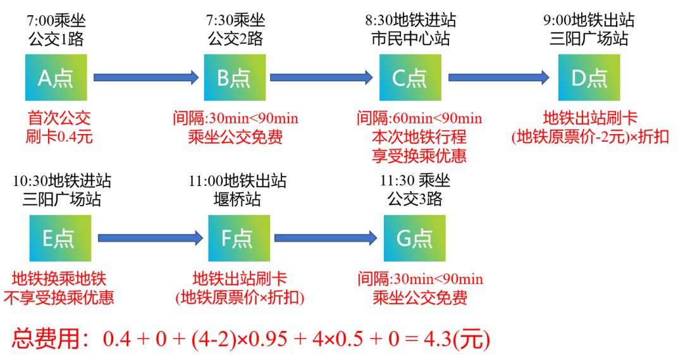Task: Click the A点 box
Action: click(x=56, y=77)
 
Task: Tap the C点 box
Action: click(x=410, y=77)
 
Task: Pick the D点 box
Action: click(x=589, y=77)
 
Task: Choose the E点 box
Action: click(x=60, y=238)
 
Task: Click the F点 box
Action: click(x=239, y=238)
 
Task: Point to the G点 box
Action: click(x=415, y=238)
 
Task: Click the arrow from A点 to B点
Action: click(x=146, y=77)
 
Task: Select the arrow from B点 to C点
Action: click(x=321, y=77)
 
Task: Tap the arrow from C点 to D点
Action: click(x=498, y=77)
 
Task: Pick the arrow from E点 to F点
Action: click(x=151, y=238)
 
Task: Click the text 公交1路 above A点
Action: click(x=56, y=39)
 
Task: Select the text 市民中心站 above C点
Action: click(x=410, y=39)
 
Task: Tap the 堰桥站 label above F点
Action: click(x=238, y=200)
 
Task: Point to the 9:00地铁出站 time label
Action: click(x=588, y=20)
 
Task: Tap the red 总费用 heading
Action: click(x=48, y=340)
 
